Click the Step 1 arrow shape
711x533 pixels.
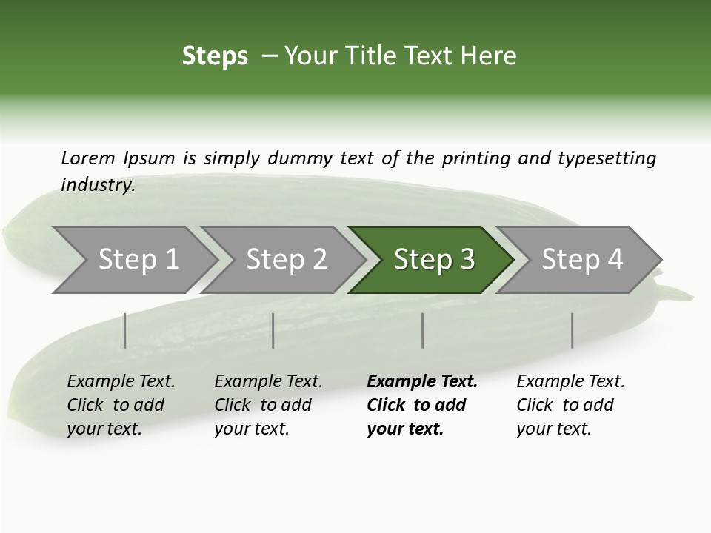point(138,260)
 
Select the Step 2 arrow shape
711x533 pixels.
point(286,260)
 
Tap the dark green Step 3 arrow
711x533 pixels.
point(434,260)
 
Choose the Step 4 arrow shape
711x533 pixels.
point(582,260)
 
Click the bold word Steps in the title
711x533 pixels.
point(215,56)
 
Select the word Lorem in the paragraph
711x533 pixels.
point(88,158)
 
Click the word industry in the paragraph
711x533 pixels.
point(97,185)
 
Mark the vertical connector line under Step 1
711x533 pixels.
point(124,330)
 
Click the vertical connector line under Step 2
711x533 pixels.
point(273,330)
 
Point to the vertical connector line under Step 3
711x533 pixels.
point(422,330)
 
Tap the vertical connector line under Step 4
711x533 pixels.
point(572,330)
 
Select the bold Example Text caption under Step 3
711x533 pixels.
point(422,405)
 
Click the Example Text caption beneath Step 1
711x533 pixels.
point(121,405)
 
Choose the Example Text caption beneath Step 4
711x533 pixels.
point(570,405)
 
